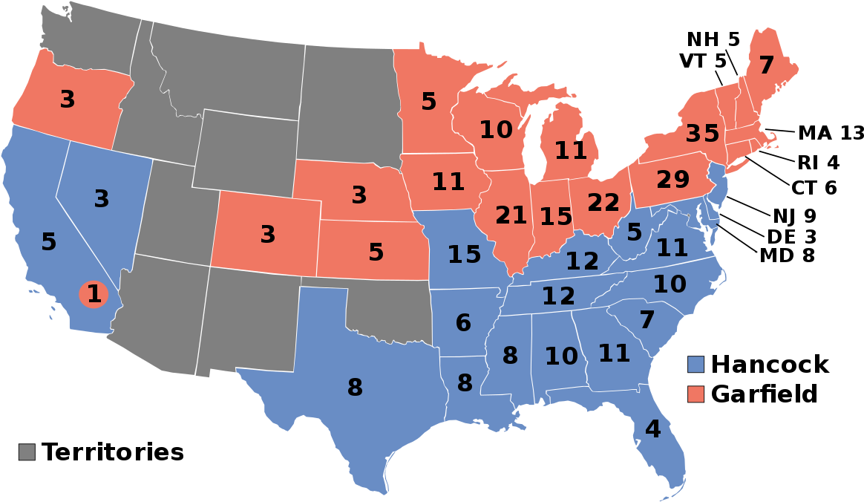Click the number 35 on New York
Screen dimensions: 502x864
(x=702, y=134)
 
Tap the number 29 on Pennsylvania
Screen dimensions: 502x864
(x=672, y=180)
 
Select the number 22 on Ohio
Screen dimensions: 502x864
(x=603, y=202)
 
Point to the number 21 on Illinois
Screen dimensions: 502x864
(x=511, y=215)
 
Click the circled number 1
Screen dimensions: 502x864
(x=94, y=294)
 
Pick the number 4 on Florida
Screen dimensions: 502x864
(x=652, y=429)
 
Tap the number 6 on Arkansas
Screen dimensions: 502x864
(x=463, y=323)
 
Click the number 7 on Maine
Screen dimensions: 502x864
(x=766, y=65)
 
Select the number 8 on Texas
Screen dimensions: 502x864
(x=355, y=388)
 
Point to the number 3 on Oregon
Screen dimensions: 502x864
(x=68, y=100)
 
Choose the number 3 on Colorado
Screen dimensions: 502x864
(x=268, y=235)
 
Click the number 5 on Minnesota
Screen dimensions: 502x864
(x=429, y=101)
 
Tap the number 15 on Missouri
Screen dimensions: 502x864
(x=464, y=255)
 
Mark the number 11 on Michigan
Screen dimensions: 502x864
(x=571, y=151)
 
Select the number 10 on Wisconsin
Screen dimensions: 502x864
(x=496, y=130)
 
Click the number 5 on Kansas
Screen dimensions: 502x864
(x=376, y=252)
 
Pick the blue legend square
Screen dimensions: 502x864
(x=696, y=364)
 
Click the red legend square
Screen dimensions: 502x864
(x=696, y=394)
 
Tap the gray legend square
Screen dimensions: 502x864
(x=27, y=452)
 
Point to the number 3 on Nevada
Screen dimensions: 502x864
(x=102, y=199)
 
